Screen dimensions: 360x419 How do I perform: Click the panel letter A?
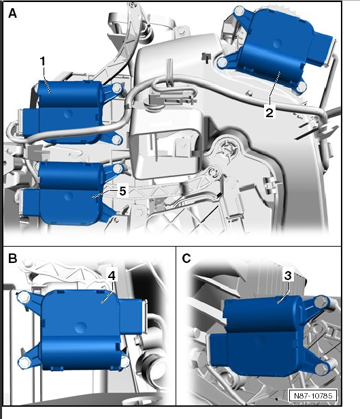[12, 13]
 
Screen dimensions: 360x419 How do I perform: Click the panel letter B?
[12, 258]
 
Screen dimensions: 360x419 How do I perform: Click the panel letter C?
[186, 258]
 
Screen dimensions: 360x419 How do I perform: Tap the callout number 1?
[43, 61]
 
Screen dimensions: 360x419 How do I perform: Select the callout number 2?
[269, 112]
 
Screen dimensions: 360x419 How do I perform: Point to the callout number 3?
[288, 275]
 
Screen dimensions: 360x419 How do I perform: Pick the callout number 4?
[112, 275]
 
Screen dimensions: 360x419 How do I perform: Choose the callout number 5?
[122, 191]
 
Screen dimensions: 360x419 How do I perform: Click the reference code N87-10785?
[313, 395]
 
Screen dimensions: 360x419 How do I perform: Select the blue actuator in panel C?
[269, 337]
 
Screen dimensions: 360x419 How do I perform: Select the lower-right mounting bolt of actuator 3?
[321, 369]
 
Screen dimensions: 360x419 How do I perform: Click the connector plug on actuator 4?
[133, 316]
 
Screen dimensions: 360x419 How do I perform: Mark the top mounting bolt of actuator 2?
[239, 11]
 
